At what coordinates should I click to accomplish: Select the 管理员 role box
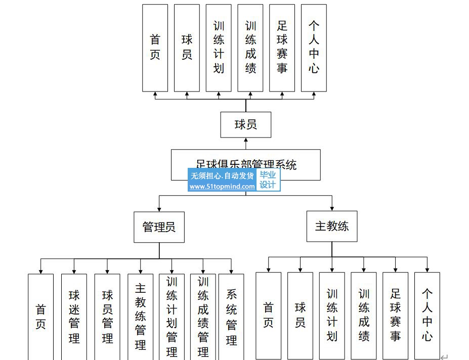tap(159, 227)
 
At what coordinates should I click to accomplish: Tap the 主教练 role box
tap(332, 226)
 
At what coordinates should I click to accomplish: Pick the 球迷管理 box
tap(74, 317)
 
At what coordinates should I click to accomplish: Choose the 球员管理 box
tap(107, 317)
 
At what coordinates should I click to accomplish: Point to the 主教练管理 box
tap(140, 317)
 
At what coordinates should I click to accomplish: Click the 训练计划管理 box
tap(172, 317)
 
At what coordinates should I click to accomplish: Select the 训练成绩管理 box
tap(203, 317)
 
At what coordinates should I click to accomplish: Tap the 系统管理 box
tap(231, 317)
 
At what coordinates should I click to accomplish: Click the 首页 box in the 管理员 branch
tap(40, 317)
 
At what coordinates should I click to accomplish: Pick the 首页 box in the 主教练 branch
tap(268, 315)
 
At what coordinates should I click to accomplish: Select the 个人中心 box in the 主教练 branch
tap(427, 315)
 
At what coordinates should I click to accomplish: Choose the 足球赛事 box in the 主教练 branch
tap(395, 315)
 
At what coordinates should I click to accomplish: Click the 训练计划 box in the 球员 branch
tap(219, 48)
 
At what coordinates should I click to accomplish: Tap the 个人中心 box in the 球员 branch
tap(314, 48)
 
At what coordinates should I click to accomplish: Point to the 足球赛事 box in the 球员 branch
tap(282, 48)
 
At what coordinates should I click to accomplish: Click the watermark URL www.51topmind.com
tap(222, 187)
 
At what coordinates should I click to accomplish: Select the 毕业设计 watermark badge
tap(268, 180)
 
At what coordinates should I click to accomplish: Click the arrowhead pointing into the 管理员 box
tap(159, 208)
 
